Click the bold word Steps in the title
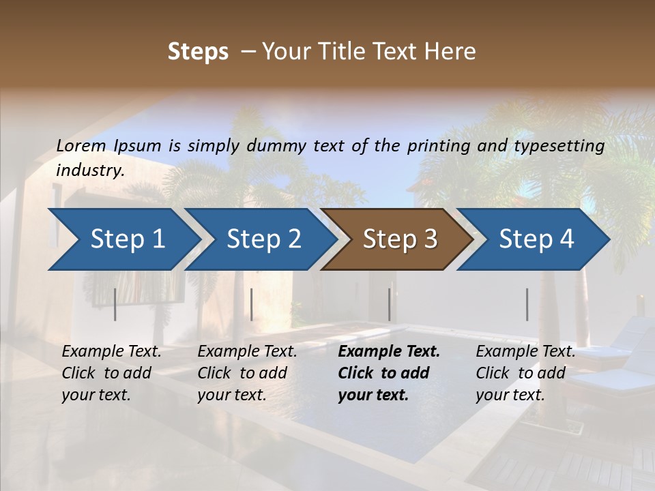click(x=198, y=52)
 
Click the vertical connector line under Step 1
click(x=115, y=304)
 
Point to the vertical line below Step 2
click(x=252, y=304)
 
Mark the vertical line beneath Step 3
click(x=389, y=304)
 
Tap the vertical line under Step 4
click(x=527, y=304)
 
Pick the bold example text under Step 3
click(x=388, y=373)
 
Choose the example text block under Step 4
click(x=525, y=373)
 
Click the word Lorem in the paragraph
click(x=81, y=146)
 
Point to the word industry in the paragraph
click(x=89, y=170)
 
